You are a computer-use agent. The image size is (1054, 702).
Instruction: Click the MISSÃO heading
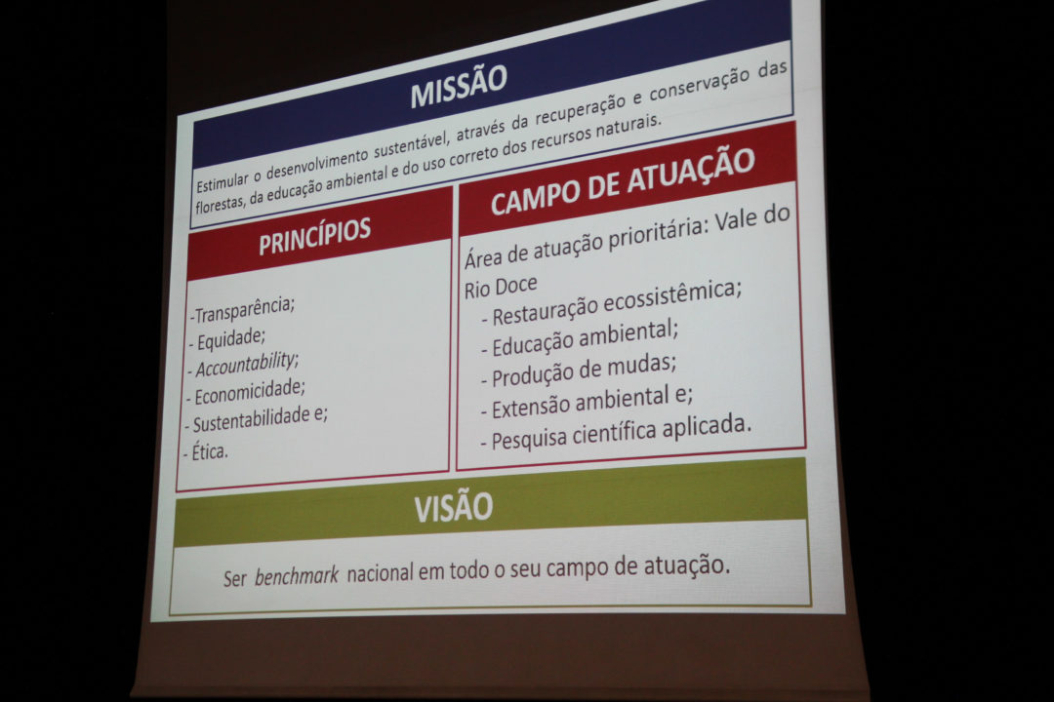pyautogui.click(x=459, y=86)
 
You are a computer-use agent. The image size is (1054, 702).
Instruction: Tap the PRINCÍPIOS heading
pyautogui.click(x=314, y=236)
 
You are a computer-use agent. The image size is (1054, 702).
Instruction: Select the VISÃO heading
pyautogui.click(x=454, y=507)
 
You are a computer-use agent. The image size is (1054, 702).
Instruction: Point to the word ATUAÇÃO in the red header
pyautogui.click(x=689, y=171)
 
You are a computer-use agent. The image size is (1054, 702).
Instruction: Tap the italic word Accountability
pyautogui.click(x=246, y=365)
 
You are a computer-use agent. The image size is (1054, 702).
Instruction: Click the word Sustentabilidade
pyautogui.click(x=252, y=419)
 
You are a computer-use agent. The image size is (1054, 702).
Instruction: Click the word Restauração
pyautogui.click(x=546, y=310)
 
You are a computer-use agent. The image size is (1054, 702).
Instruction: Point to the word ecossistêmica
pyautogui.click(x=672, y=296)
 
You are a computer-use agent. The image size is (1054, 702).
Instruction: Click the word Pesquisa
pyautogui.click(x=530, y=440)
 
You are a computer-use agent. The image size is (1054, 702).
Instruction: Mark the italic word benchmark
pyautogui.click(x=297, y=576)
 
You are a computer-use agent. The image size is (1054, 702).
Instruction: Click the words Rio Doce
pyautogui.click(x=501, y=287)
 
